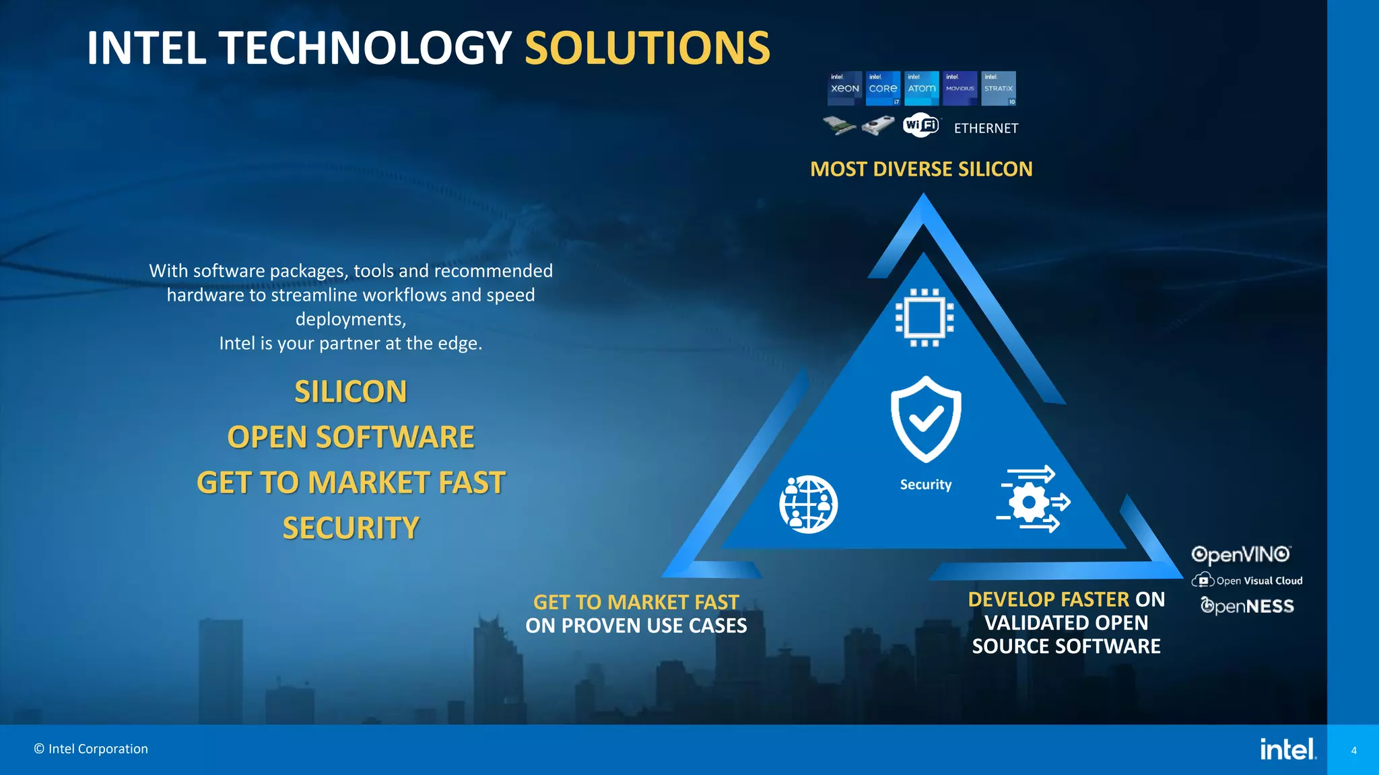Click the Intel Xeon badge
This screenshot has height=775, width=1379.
coord(844,88)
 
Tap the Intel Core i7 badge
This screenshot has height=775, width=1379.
coord(883,88)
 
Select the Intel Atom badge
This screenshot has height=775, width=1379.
coord(921,88)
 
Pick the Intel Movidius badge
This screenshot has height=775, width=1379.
coord(960,88)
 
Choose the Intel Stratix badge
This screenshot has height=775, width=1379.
coord(999,88)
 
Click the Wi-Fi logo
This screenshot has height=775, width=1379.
coord(920,125)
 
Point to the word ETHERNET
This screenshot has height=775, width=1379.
coord(986,128)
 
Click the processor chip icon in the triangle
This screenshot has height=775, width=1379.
coord(924,318)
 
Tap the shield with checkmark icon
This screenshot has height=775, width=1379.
coord(926,419)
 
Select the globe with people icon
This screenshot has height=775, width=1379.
coord(809,505)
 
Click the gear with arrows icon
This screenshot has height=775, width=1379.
coord(1032,500)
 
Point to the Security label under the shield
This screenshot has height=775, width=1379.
coord(926,485)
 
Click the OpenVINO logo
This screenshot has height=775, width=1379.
coord(1240,555)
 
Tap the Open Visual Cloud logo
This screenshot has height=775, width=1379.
coord(1247,581)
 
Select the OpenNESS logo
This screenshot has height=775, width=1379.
coord(1247,606)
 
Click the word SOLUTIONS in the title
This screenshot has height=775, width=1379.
coord(647,48)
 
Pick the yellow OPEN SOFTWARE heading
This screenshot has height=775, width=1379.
coord(351,437)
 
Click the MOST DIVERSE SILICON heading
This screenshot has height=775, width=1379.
coord(921,169)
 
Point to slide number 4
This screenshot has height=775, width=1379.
coord(1353,750)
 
